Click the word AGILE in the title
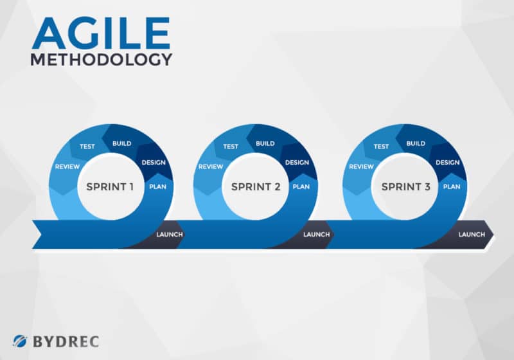coord(101,33)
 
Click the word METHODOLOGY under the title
coord(102,60)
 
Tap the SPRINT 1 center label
coord(110,187)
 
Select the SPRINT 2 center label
coord(256,187)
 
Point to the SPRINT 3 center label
coord(406,187)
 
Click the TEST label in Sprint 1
coord(87,147)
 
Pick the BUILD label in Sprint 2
coord(265,143)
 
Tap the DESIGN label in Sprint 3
coord(447,163)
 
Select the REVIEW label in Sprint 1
coord(67,167)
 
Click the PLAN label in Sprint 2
coord(301,187)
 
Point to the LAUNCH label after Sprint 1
coord(170,235)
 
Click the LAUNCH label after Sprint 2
coord(316,235)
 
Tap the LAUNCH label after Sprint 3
coord(472,235)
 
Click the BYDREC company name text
coord(66,341)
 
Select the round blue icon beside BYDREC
coord(20,341)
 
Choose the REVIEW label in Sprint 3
coord(361,167)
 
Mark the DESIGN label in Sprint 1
coord(154,163)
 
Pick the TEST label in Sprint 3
coord(381,147)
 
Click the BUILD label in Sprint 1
coord(121,143)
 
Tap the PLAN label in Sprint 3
coord(452,187)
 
